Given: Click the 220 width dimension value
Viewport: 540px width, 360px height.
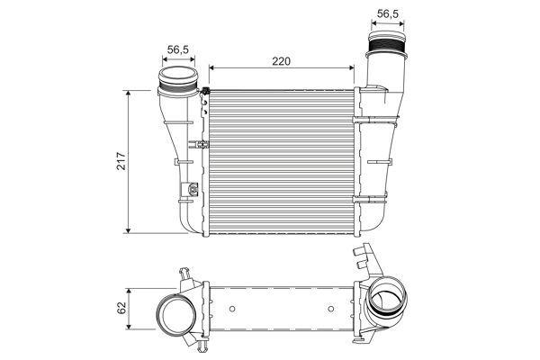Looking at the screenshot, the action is tap(282, 61).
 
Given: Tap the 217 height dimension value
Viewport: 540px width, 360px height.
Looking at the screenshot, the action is tap(121, 161).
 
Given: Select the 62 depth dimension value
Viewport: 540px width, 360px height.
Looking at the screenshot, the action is tap(121, 308).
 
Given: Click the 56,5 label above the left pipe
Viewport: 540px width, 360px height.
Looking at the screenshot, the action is tap(178, 49).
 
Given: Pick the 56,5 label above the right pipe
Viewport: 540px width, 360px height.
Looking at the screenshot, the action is tap(387, 13).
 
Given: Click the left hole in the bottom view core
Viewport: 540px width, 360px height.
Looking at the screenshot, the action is tap(232, 309).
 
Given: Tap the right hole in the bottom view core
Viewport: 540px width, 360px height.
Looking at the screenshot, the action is tap(331, 309).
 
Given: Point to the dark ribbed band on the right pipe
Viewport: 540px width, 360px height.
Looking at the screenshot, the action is tap(387, 46).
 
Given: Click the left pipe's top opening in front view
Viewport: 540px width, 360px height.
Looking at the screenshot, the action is tap(178, 73).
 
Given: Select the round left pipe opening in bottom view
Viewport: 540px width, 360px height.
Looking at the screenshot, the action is tap(176, 314).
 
